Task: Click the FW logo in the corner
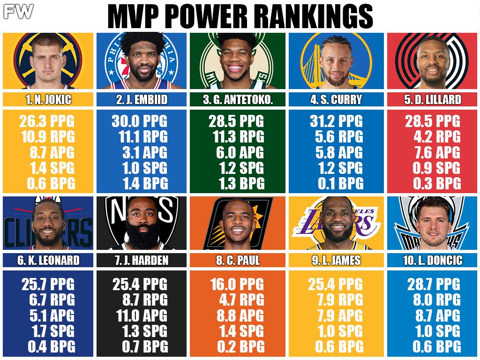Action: point(18,11)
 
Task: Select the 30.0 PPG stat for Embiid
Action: point(140,121)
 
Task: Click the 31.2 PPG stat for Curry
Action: point(336,121)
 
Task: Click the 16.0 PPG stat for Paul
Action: point(240,284)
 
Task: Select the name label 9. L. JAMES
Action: point(336,260)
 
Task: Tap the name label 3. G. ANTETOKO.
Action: point(239,99)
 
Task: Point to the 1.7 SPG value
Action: point(49,331)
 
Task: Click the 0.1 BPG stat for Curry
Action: point(341,183)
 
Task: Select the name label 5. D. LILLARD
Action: point(432,99)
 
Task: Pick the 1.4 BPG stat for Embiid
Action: point(144,183)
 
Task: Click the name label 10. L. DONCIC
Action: point(432,260)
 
